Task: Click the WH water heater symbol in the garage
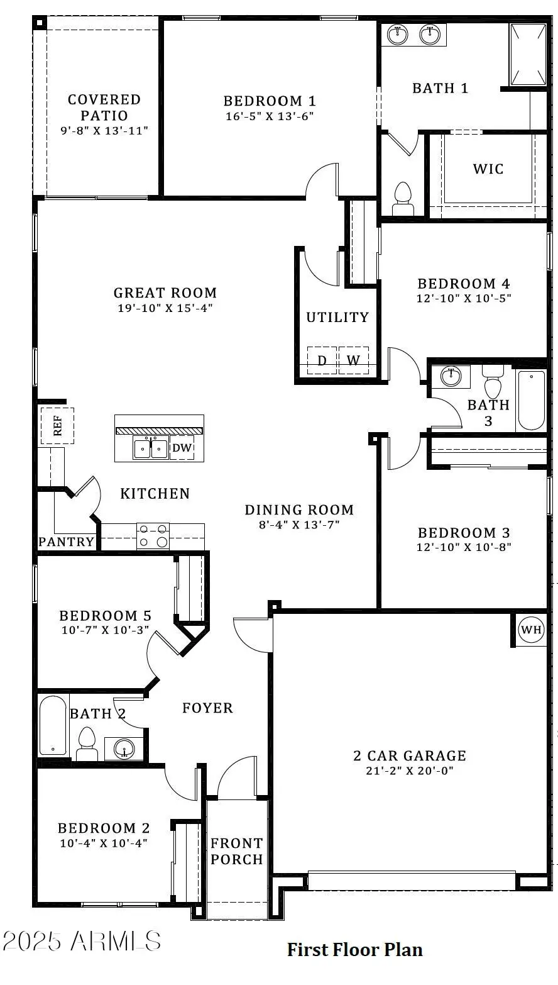point(531,630)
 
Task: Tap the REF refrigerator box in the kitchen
point(57,426)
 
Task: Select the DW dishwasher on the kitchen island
point(182,448)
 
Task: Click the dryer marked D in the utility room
point(322,360)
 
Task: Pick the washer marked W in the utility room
point(354,360)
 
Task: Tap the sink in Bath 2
point(124,748)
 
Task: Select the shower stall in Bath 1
point(528,54)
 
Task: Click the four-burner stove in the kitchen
point(153,536)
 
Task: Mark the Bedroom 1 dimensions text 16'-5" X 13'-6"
point(270,116)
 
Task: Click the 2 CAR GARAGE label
point(410,755)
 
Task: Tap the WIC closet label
point(488,169)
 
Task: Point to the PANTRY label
point(67,542)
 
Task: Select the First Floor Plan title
point(354,949)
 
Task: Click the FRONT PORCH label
point(236,851)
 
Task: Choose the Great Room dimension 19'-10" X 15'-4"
point(165,308)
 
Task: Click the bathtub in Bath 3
point(532,400)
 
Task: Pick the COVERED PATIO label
point(104,108)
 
